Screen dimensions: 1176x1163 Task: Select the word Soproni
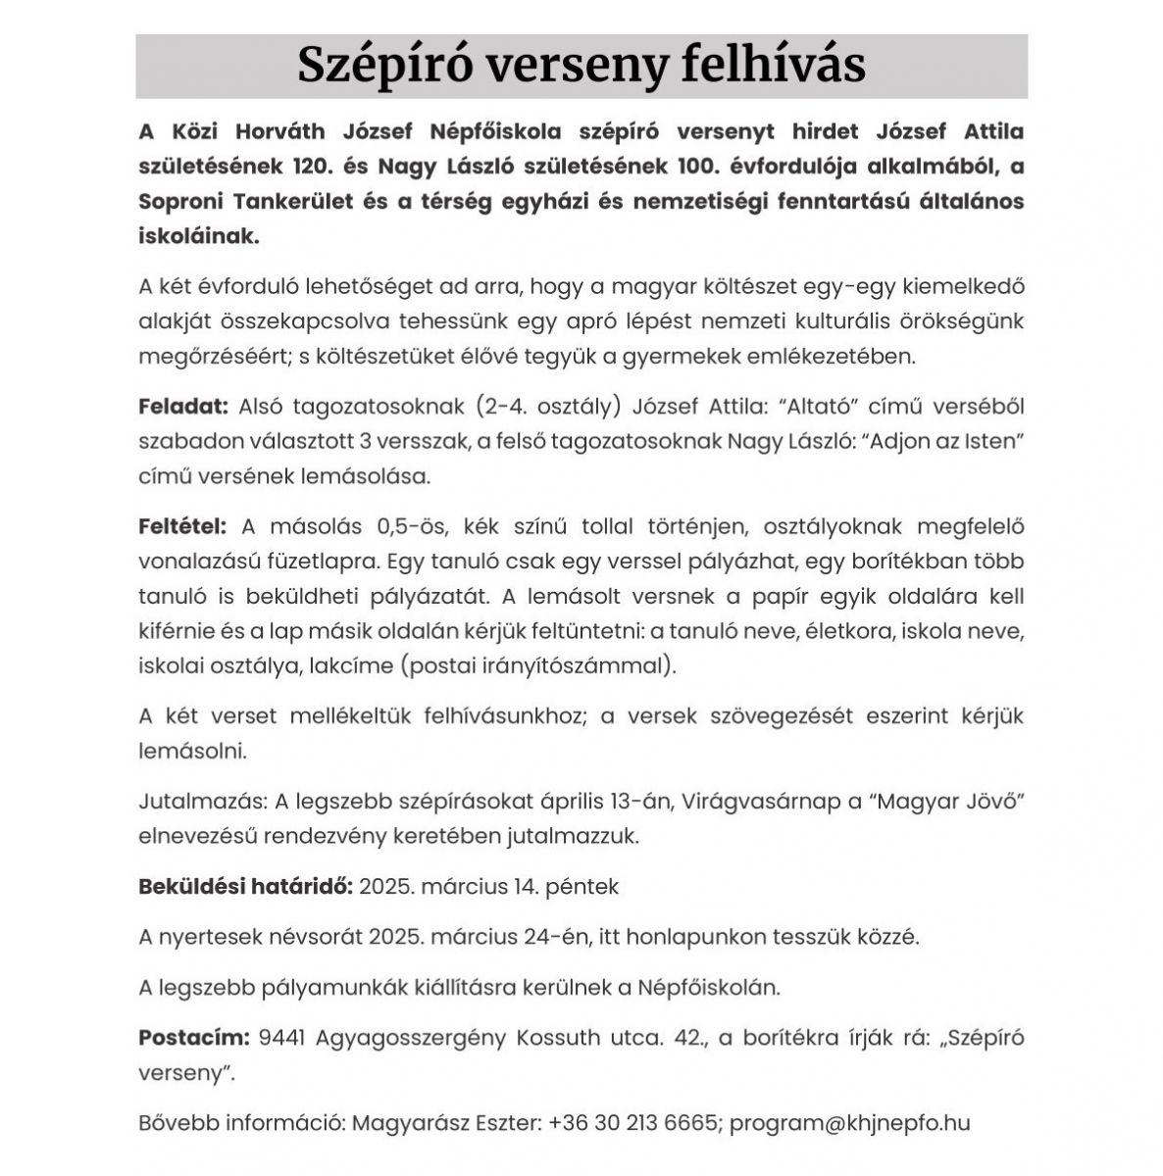pos(180,201)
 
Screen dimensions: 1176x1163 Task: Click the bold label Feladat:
pos(183,407)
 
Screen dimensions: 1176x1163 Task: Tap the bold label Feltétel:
pos(182,526)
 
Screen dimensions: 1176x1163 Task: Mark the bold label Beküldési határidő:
pos(245,887)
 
